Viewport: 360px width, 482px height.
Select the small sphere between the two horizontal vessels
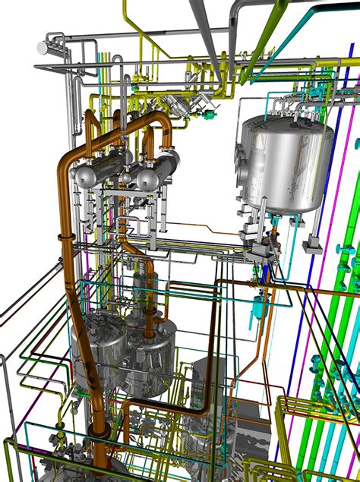point(125,179)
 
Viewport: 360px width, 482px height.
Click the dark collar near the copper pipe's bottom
point(99,433)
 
